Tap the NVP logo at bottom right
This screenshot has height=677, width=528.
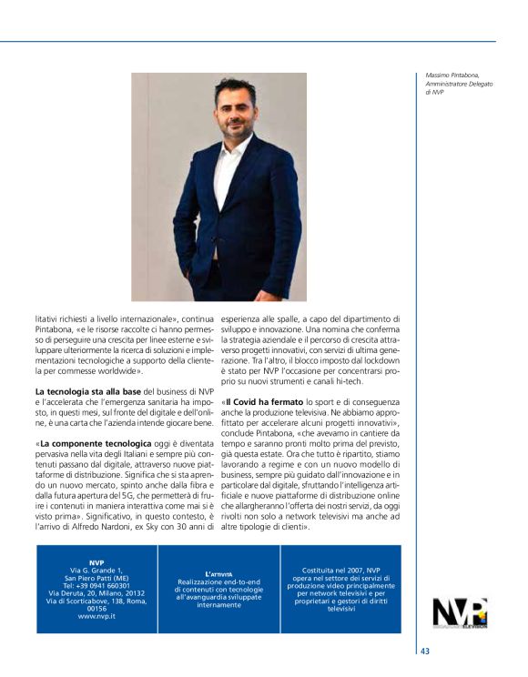[460, 612]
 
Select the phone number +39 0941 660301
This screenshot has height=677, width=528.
[96, 584]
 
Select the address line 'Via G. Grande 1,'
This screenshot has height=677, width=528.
[96, 570]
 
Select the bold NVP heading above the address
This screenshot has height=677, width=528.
[96, 562]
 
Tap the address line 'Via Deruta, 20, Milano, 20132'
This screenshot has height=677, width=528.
[96, 591]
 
